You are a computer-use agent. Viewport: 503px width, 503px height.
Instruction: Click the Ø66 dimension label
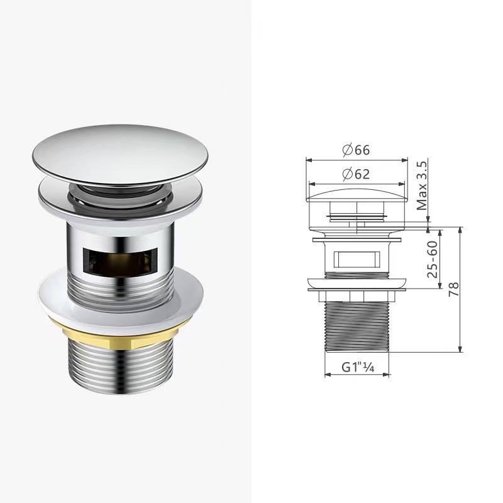pos(356,150)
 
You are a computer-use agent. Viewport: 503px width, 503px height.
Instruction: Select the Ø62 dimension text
pos(356,174)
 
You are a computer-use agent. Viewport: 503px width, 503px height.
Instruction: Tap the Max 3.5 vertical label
pos(422,185)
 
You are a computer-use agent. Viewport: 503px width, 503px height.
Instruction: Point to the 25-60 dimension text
pos(432,259)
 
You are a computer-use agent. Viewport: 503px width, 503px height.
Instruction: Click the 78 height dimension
pos(453,290)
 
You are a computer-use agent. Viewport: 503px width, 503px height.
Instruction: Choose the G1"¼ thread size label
pos(358,367)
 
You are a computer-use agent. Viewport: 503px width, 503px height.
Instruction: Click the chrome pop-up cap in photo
pos(120,155)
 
